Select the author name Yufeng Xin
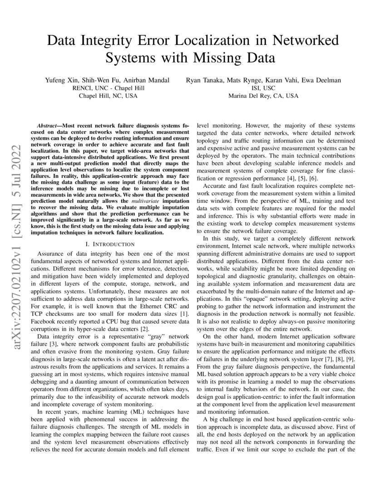point(62,80)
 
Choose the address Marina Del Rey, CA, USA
point(263,96)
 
